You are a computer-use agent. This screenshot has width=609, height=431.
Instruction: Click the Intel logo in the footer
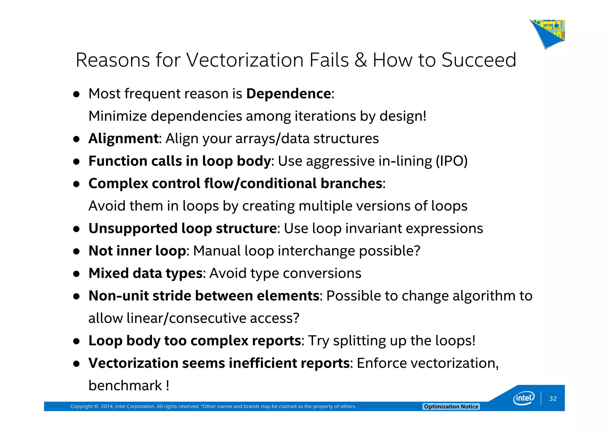524,398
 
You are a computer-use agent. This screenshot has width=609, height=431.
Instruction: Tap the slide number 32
553,399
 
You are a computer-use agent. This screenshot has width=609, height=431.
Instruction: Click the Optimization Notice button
451,407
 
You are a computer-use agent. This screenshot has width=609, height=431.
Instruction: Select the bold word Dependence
288,94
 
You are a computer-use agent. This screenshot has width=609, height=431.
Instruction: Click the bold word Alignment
123,139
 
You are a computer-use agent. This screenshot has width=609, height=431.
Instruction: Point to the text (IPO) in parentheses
452,161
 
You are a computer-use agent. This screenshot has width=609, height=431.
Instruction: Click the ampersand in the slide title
361,60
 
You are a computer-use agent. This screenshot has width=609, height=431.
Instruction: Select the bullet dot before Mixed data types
76,274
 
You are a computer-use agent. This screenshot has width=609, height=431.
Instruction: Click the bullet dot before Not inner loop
76,251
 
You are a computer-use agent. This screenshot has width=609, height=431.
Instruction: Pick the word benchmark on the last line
125,386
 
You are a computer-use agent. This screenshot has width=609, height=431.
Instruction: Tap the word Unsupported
133,229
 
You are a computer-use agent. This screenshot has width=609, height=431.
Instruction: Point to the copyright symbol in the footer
96,407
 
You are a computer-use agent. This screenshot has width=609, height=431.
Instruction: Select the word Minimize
117,116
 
